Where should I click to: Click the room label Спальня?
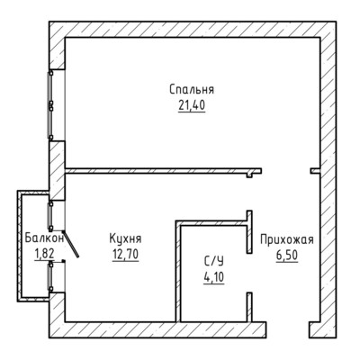click(x=192, y=89)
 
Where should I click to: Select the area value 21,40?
click(x=192, y=105)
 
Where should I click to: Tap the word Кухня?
click(x=125, y=239)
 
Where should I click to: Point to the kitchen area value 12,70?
click(x=125, y=255)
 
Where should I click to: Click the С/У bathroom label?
click(x=214, y=262)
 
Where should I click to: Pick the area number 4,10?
click(x=214, y=277)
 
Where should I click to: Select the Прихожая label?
click(x=287, y=240)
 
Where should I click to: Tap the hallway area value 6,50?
click(x=287, y=256)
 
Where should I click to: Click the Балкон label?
click(x=44, y=238)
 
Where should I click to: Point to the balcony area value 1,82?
click(x=44, y=254)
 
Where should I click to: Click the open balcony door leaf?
click(x=71, y=244)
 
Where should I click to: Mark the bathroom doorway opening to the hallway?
click(x=249, y=273)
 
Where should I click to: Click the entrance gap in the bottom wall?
click(x=288, y=330)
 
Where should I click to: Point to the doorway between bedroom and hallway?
click(x=286, y=171)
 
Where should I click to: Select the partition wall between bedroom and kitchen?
click(x=164, y=171)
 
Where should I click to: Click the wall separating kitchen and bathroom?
click(x=178, y=272)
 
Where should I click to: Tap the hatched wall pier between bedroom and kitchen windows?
click(x=57, y=170)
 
